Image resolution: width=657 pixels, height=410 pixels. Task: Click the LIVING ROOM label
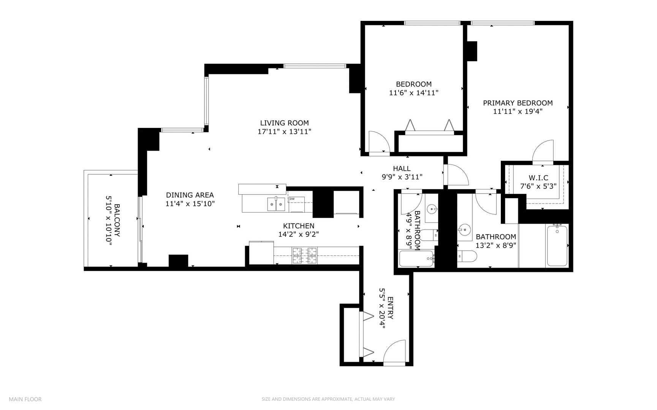coord(284,123)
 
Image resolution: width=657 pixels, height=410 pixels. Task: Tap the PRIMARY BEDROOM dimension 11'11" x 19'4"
coord(518,112)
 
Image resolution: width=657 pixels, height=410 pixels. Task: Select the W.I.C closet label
coord(538,178)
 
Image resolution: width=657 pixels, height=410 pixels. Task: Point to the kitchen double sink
coord(276,204)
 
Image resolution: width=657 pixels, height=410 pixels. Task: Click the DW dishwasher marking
coord(292,199)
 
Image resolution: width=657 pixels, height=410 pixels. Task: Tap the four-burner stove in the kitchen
coord(305,255)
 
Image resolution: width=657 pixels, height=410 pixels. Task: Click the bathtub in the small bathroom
coord(416,259)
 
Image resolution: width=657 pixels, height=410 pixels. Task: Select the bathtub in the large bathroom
coord(557,245)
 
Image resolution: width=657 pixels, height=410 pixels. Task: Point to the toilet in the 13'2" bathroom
coord(467,257)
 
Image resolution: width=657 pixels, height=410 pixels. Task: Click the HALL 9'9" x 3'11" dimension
coord(402,177)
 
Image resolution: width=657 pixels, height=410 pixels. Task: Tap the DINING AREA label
coord(190,195)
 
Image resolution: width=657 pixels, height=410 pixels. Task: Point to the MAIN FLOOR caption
coord(25,399)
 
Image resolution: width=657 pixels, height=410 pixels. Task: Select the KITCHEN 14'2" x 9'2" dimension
coord(298,235)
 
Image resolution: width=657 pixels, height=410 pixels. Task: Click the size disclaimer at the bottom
coord(328,399)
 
